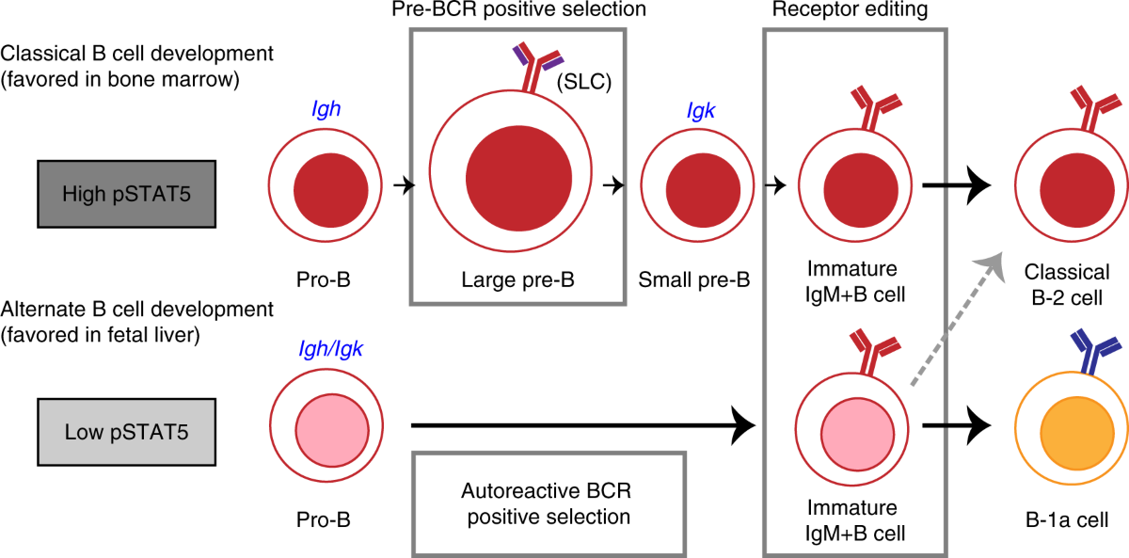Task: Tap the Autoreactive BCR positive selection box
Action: [547, 503]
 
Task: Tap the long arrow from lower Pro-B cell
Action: [583, 427]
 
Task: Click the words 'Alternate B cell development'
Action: [138, 308]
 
